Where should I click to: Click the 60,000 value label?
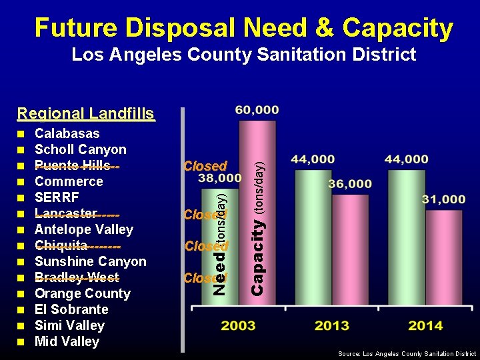click(257, 110)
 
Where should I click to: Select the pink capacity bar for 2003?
click(257, 207)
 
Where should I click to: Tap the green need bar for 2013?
click(313, 233)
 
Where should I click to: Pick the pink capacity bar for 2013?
click(350, 247)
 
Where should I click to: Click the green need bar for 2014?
click(406, 233)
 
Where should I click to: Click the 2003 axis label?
click(238, 325)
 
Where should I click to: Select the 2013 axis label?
click(331, 325)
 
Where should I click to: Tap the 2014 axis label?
click(425, 325)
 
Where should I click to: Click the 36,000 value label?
click(350, 184)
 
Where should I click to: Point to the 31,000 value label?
click(443, 199)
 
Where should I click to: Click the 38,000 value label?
click(219, 179)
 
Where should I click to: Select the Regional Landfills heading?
click(85, 114)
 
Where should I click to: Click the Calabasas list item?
click(67, 133)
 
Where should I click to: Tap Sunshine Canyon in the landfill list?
click(90, 261)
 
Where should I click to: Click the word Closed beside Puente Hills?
click(205, 165)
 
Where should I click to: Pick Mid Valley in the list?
click(67, 341)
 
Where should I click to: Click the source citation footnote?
click(407, 354)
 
